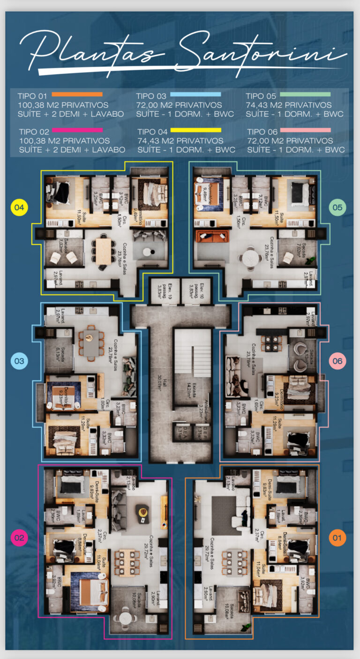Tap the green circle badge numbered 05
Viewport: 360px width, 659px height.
(x=337, y=207)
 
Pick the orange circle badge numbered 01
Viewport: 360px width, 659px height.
(x=337, y=537)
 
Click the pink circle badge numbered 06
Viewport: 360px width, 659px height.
(x=337, y=361)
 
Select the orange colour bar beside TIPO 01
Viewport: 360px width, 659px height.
(x=77, y=95)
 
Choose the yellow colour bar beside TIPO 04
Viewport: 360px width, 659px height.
(x=195, y=130)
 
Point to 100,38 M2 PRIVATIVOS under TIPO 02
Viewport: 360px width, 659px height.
(x=65, y=141)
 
